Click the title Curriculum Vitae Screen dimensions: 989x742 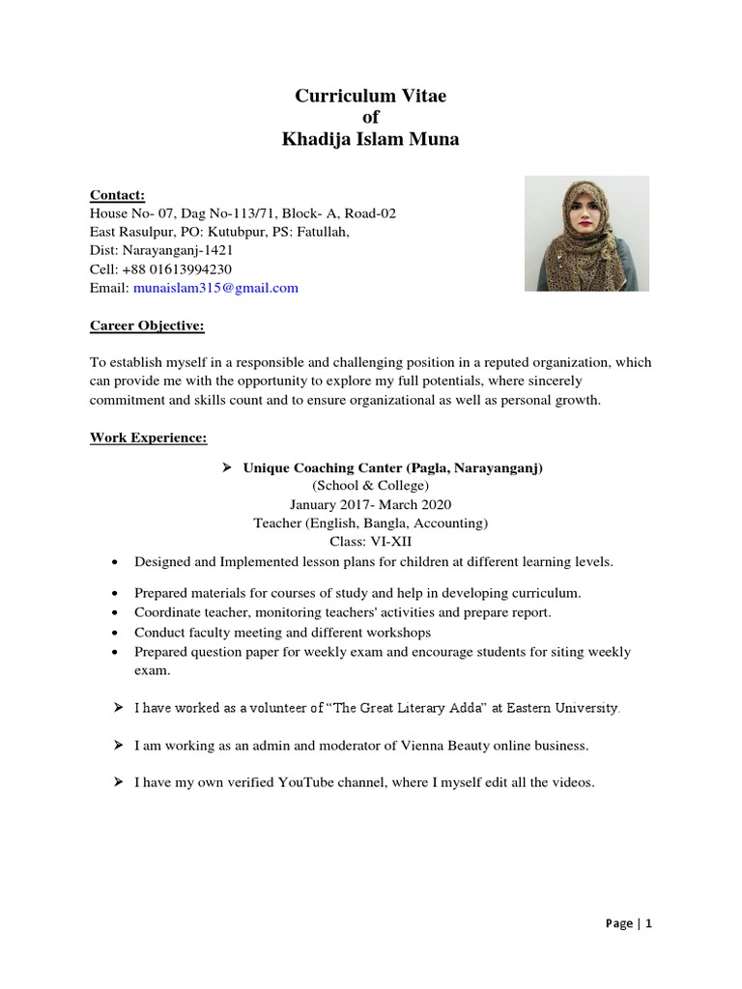(371, 96)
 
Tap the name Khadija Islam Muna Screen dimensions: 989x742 (371, 140)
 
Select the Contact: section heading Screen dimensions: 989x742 (117, 194)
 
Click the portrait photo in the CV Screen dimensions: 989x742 (586, 234)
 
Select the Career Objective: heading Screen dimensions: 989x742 (147, 325)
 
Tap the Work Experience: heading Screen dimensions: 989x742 (149, 438)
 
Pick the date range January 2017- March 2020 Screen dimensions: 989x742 (370, 504)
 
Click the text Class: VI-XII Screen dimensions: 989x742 (371, 542)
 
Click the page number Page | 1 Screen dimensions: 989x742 (629, 923)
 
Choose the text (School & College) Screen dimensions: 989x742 (370, 486)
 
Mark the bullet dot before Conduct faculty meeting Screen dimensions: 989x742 (116, 633)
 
